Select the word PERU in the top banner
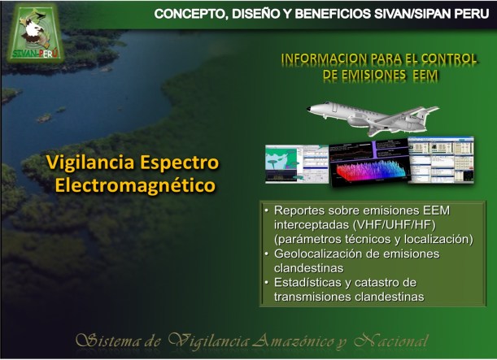(466, 14)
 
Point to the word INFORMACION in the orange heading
(322, 59)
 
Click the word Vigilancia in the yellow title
(88, 163)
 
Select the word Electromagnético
(135, 186)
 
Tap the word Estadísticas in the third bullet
(308, 282)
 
